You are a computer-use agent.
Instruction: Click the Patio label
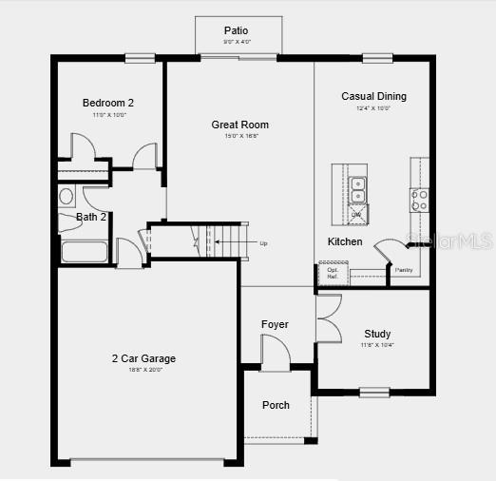[x=236, y=30]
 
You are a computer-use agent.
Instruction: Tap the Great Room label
[x=239, y=125]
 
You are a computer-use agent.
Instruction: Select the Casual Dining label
[x=373, y=96]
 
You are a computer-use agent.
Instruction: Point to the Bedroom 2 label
[x=108, y=103]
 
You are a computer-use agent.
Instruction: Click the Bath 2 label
[x=91, y=217]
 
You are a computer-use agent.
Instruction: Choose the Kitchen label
[x=345, y=241]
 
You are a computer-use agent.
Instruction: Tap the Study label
[x=377, y=334]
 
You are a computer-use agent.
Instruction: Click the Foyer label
[x=275, y=325]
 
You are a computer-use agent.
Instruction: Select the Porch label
[x=276, y=405]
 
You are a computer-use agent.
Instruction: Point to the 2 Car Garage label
[x=143, y=358]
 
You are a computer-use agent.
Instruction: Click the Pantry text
[x=403, y=271]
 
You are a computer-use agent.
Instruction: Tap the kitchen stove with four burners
[x=419, y=200]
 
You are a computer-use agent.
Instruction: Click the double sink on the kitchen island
[x=357, y=190]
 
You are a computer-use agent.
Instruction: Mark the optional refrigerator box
[x=333, y=273]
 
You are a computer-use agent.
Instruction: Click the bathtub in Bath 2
[x=86, y=253]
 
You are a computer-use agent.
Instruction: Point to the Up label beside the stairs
[x=263, y=243]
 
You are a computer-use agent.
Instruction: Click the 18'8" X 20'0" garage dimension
[x=143, y=370]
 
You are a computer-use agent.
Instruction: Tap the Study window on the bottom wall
[x=374, y=391]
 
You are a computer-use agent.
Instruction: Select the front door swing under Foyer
[x=275, y=356]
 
